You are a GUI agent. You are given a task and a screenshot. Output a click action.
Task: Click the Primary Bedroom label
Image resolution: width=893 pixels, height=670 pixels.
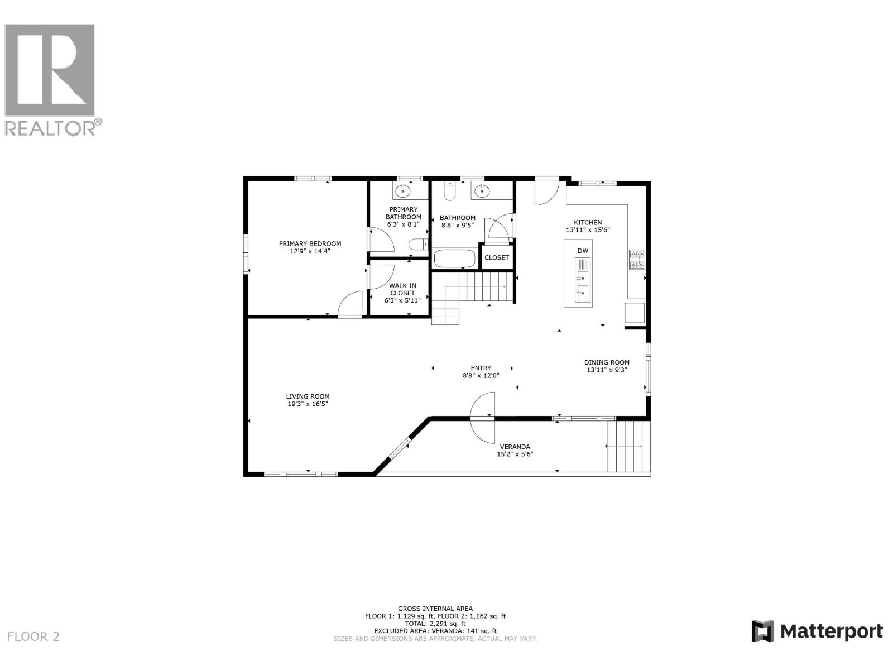pos(310,243)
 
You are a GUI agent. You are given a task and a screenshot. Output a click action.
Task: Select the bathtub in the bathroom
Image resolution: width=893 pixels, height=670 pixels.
pos(455,259)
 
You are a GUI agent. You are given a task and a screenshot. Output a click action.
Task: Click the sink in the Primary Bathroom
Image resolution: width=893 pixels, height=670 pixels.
pos(402,192)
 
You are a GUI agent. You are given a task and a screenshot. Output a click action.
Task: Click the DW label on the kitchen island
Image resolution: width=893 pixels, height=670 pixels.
pos(582,251)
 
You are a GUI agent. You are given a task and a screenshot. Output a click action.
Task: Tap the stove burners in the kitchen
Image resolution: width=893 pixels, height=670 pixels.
pos(637,260)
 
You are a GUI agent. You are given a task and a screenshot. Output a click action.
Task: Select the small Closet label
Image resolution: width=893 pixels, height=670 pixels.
pos(496,257)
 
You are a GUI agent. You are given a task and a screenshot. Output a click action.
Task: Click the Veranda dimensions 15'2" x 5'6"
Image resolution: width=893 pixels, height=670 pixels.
pos(515,454)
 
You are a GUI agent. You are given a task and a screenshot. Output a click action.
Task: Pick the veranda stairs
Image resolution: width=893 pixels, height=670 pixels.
pos(629,446)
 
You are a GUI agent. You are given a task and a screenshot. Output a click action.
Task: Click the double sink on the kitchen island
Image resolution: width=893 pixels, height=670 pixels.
pos(582,285)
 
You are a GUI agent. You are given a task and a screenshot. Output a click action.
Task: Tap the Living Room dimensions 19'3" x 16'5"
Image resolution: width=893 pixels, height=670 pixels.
pos(308,404)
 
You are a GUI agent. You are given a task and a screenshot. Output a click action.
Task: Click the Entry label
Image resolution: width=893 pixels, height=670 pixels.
pos(481,368)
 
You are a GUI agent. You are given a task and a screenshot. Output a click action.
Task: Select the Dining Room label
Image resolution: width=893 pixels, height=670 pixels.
pos(607,362)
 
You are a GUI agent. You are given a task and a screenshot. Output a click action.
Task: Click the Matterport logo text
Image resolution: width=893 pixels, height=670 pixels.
pos(831,631)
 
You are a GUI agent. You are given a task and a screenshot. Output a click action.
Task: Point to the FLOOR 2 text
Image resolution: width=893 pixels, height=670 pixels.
pos(33,636)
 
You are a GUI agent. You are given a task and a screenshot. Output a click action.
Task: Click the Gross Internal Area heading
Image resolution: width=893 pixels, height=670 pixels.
pos(435,609)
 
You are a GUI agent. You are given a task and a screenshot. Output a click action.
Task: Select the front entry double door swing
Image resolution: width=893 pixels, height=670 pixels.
pos(482,417)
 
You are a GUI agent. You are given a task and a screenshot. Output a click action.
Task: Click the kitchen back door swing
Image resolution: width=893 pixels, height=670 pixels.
pos(546,192)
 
